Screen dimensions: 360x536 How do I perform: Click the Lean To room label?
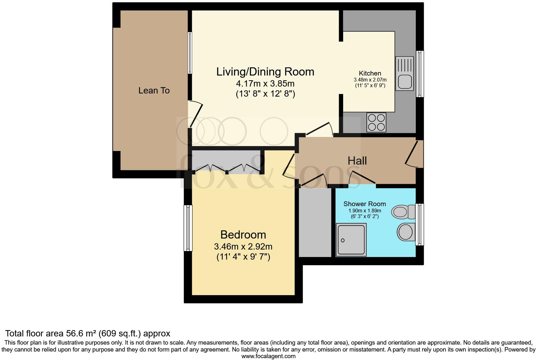tap(154, 91)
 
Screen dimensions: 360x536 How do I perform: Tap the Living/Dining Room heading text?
tap(265, 72)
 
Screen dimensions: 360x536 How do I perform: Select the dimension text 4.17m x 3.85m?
tap(265, 84)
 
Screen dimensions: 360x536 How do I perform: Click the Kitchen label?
tap(370, 73)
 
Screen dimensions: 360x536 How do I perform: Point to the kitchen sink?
tap(405, 74)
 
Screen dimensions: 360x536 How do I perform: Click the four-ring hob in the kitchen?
tap(377, 122)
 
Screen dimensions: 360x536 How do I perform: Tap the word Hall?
tap(357, 161)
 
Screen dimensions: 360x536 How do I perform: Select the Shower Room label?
tap(365, 204)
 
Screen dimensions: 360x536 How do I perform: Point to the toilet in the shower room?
tap(403, 211)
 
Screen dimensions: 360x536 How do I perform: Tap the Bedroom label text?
tap(243, 235)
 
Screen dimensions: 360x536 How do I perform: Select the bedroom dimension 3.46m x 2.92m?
tap(243, 246)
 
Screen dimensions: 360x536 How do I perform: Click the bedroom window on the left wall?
tap(188, 228)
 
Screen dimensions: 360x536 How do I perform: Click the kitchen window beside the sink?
tap(420, 74)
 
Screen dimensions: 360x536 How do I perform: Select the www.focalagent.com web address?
tap(268, 356)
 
